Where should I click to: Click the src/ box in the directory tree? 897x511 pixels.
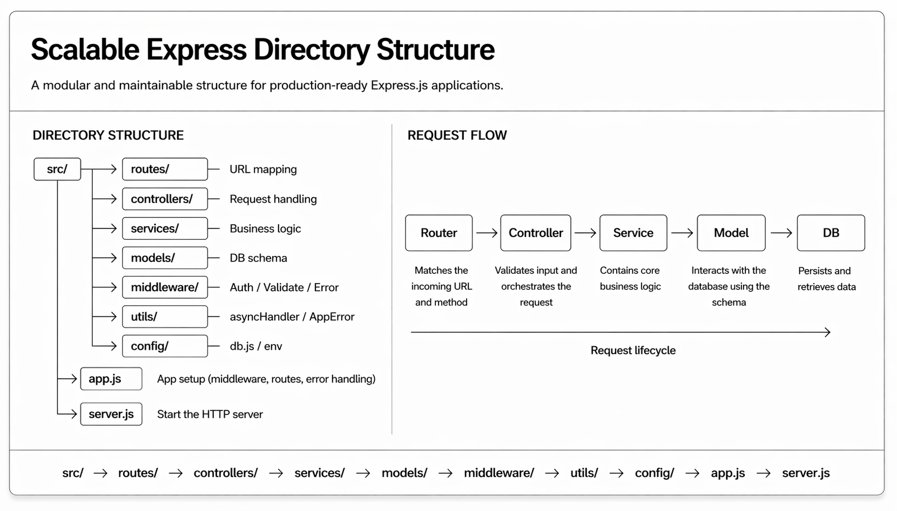[x=57, y=169]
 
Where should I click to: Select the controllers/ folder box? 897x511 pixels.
[x=165, y=199]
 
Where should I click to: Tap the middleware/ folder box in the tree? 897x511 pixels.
[x=165, y=287]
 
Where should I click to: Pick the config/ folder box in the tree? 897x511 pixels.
[x=165, y=346]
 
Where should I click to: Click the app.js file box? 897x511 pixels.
[x=111, y=379]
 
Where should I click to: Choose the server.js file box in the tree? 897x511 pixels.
[x=111, y=414]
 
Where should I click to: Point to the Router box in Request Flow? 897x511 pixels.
[x=439, y=233]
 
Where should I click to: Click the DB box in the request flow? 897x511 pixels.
[x=831, y=233]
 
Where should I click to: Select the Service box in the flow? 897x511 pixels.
[x=633, y=233]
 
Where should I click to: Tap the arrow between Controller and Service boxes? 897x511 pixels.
[x=585, y=233]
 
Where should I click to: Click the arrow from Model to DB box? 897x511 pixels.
[x=781, y=233]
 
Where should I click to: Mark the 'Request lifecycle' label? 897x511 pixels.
[x=633, y=351]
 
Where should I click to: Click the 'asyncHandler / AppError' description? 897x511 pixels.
[x=292, y=317]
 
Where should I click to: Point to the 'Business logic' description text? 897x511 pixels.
[x=265, y=228]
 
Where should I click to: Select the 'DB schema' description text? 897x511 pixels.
[x=258, y=258]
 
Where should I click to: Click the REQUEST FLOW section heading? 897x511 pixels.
[x=457, y=136]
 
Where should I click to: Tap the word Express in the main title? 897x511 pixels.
[x=197, y=50]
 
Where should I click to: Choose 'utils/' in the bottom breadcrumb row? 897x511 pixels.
[x=584, y=473]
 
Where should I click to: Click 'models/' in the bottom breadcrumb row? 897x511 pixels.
[x=404, y=473]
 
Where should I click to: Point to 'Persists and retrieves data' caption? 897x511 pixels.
[x=826, y=279]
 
